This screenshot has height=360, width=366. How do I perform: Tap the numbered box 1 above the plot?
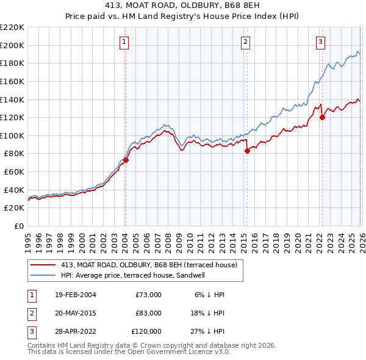(124, 42)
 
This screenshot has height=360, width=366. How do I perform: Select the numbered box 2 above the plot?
(245, 42)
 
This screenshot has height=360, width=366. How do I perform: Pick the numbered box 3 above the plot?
(321, 42)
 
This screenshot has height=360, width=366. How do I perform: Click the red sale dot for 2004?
(126, 160)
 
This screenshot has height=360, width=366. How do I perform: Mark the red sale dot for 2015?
(247, 151)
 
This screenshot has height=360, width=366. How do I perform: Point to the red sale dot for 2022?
(322, 118)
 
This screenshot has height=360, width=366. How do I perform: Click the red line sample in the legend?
(43, 265)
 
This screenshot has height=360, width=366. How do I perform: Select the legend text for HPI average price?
(133, 275)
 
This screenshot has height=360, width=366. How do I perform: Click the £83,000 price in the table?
(148, 313)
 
